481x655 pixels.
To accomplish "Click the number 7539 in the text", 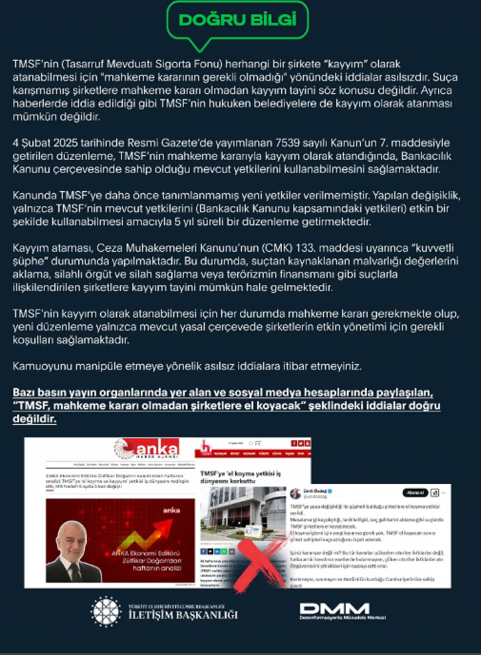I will tap(288, 143).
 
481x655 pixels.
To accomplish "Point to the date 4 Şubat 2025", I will tap(45, 143).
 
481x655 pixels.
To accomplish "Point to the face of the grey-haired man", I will tap(72, 539).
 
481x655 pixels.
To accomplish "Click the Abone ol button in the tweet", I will tap(415, 493).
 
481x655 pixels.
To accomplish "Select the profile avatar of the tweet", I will tap(296, 493).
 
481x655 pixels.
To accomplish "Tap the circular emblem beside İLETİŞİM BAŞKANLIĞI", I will tap(106, 611).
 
